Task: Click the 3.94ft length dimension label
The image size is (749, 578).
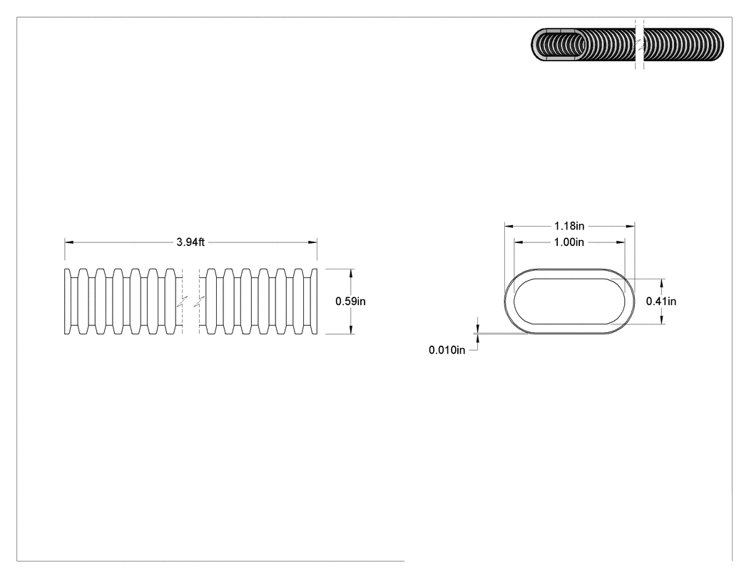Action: coord(190,242)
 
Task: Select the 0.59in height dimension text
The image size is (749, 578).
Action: coord(351,301)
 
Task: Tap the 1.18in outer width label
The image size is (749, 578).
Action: coord(569,226)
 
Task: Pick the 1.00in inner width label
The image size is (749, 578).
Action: coord(569,242)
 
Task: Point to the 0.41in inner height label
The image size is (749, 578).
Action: coord(661,301)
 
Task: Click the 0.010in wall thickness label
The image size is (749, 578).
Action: coord(447,350)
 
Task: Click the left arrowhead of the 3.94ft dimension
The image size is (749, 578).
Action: coord(69,242)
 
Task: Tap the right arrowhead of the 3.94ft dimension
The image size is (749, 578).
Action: coord(312,242)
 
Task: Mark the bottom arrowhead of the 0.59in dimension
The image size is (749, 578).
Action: coord(351,329)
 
